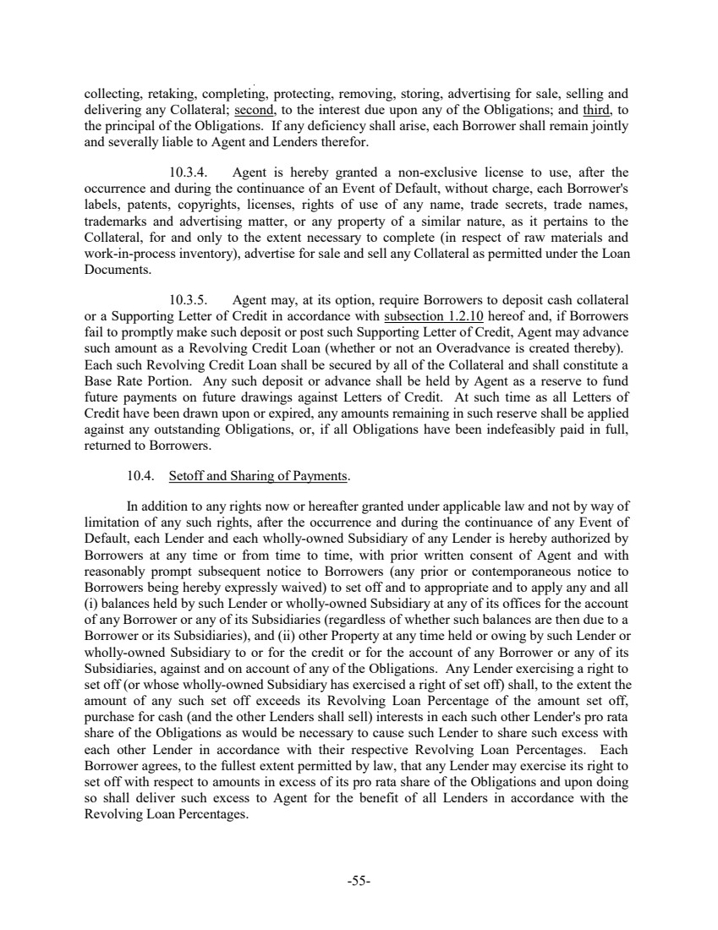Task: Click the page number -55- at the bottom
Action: (x=359, y=880)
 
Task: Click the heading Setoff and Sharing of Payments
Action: (x=259, y=477)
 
